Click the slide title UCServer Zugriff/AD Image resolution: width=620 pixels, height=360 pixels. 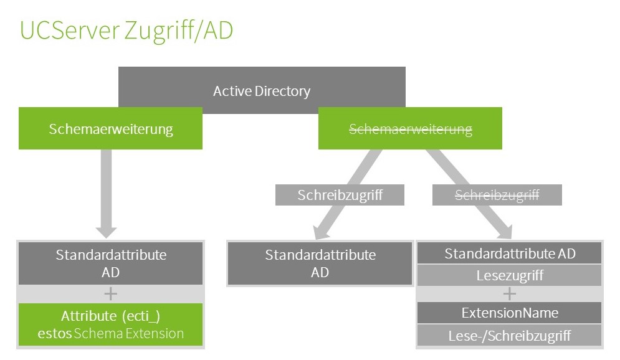click(x=126, y=31)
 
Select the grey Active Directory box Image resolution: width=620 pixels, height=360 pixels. click(x=262, y=91)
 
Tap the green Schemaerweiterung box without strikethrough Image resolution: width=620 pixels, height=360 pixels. click(x=110, y=129)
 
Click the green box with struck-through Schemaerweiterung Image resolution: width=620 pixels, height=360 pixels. click(x=410, y=129)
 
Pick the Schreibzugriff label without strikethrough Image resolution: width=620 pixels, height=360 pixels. click(x=340, y=195)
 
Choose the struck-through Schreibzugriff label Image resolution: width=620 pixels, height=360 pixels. click(x=497, y=195)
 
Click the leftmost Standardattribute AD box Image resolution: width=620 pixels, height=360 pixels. click(x=110, y=263)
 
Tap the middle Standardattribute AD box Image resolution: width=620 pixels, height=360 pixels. click(x=320, y=263)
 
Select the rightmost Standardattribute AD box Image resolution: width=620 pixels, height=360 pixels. click(x=509, y=253)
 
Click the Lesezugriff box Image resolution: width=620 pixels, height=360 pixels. click(x=509, y=275)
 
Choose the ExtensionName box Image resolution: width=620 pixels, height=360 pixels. click(x=509, y=313)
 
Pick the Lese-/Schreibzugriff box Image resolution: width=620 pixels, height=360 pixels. click(x=509, y=336)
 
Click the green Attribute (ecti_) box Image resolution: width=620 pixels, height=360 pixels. click(x=110, y=324)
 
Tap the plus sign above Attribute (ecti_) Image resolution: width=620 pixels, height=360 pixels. click(x=110, y=294)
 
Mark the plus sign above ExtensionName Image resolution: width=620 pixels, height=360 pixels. click(x=509, y=294)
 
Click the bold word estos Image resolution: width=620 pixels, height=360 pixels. click(x=54, y=333)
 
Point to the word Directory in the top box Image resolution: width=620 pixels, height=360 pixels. click(x=282, y=92)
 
